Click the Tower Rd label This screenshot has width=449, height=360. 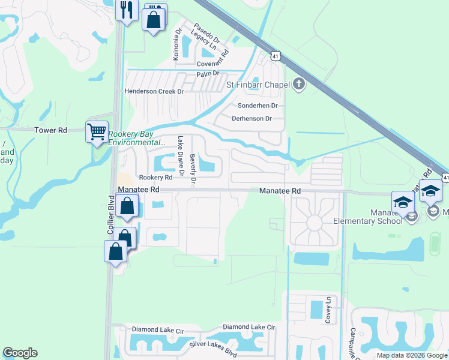(50, 130)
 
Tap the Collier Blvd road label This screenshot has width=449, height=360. (110, 215)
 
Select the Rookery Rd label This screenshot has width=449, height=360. (155, 178)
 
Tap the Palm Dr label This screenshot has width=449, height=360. (208, 74)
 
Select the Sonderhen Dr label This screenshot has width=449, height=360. (258, 105)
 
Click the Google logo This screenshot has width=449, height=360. (20, 353)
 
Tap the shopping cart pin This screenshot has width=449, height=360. (97, 131)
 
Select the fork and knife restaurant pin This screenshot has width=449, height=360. (127, 10)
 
